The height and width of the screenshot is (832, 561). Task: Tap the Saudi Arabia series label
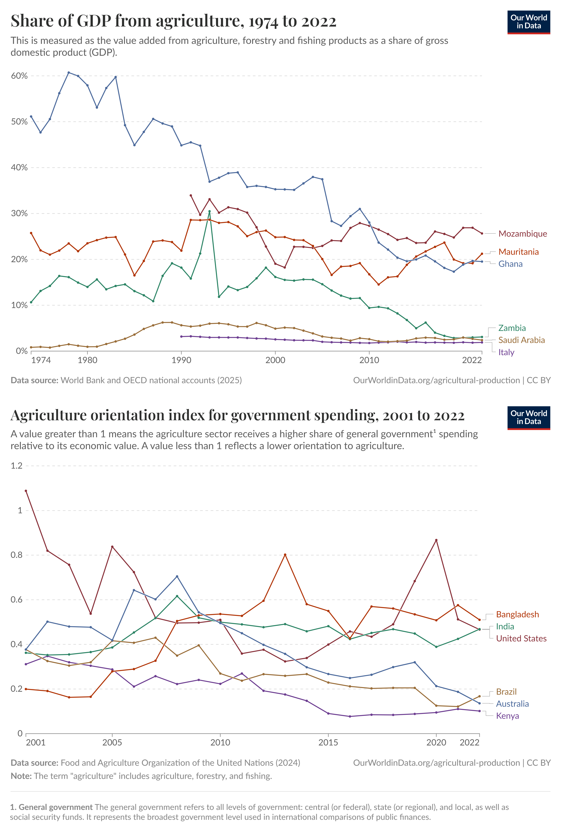point(521,340)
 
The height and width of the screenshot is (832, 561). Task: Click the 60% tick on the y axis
point(19,76)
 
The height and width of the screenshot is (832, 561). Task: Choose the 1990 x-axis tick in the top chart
point(181,360)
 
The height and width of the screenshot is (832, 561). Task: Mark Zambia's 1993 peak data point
point(209,211)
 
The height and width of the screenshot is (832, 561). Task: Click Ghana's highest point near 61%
point(69,73)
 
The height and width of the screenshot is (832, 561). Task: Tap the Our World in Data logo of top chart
point(528,22)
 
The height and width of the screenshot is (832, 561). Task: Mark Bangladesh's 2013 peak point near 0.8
point(285,555)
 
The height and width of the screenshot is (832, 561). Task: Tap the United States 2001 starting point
point(26,491)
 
